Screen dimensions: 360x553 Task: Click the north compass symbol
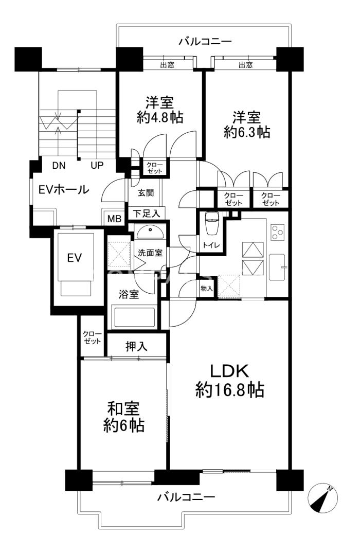coord(322,498)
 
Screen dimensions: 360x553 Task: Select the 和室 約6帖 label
coord(123,417)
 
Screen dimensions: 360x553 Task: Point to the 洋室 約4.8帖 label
coord(160,110)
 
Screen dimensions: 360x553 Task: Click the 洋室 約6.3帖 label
coord(246,124)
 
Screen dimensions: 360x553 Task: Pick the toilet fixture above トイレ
coord(212,223)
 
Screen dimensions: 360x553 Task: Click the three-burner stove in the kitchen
coord(277,232)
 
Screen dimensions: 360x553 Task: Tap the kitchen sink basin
coord(277,267)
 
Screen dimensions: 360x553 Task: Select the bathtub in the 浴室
coord(134,317)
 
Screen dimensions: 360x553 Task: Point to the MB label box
coord(114,218)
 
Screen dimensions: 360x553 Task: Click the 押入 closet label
coord(136,346)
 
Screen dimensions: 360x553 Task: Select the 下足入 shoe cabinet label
coord(147,213)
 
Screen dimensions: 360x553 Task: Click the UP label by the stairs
coord(97,165)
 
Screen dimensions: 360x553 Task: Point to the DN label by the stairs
coord(59,165)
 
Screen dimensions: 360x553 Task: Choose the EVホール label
coord(63,189)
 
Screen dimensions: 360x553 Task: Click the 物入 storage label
coord(206,289)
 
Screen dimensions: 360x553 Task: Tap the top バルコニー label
coord(205,42)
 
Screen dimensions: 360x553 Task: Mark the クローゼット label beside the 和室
coord(92,337)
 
